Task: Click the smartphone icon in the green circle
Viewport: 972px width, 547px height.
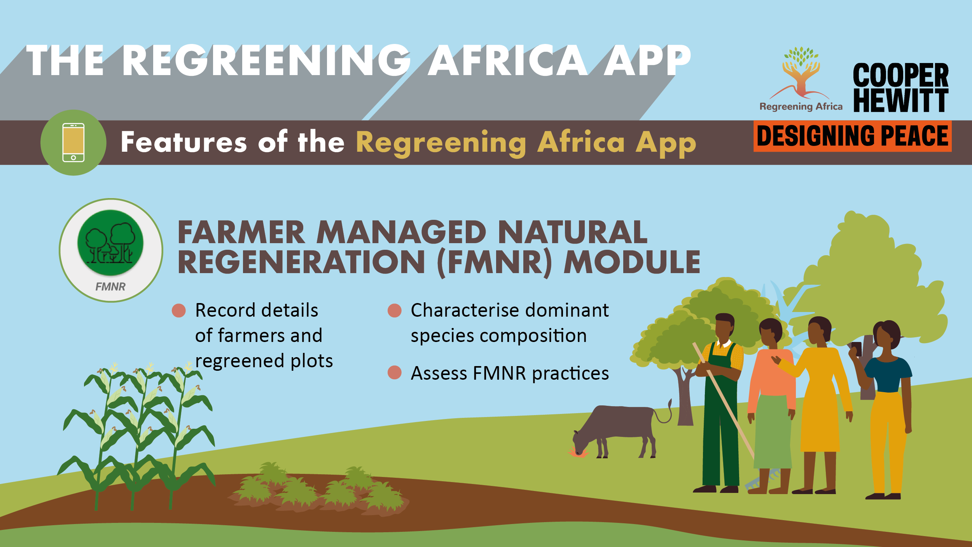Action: coord(73,142)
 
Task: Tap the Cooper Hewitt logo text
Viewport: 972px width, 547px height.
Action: coord(901,88)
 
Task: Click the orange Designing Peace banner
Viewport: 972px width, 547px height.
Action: coord(852,136)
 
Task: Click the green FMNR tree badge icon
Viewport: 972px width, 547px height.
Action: coord(110,243)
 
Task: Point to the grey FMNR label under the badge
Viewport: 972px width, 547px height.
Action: coord(110,287)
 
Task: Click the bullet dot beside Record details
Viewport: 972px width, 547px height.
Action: coord(179,310)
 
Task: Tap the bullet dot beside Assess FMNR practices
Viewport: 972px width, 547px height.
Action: coord(395,372)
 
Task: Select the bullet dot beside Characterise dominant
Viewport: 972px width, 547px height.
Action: coord(395,310)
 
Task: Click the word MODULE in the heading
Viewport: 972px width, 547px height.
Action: coord(632,262)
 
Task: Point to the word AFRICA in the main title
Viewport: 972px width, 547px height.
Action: coord(507,60)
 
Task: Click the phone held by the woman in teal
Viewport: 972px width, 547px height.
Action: coord(857,349)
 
